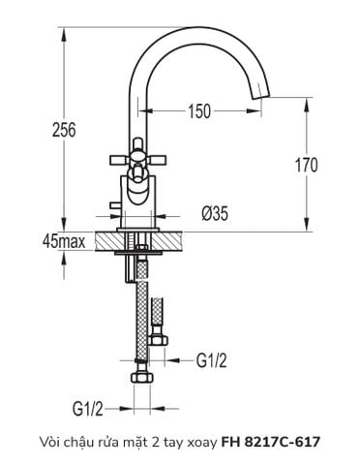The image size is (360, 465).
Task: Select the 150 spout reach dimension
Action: pos(198,112)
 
